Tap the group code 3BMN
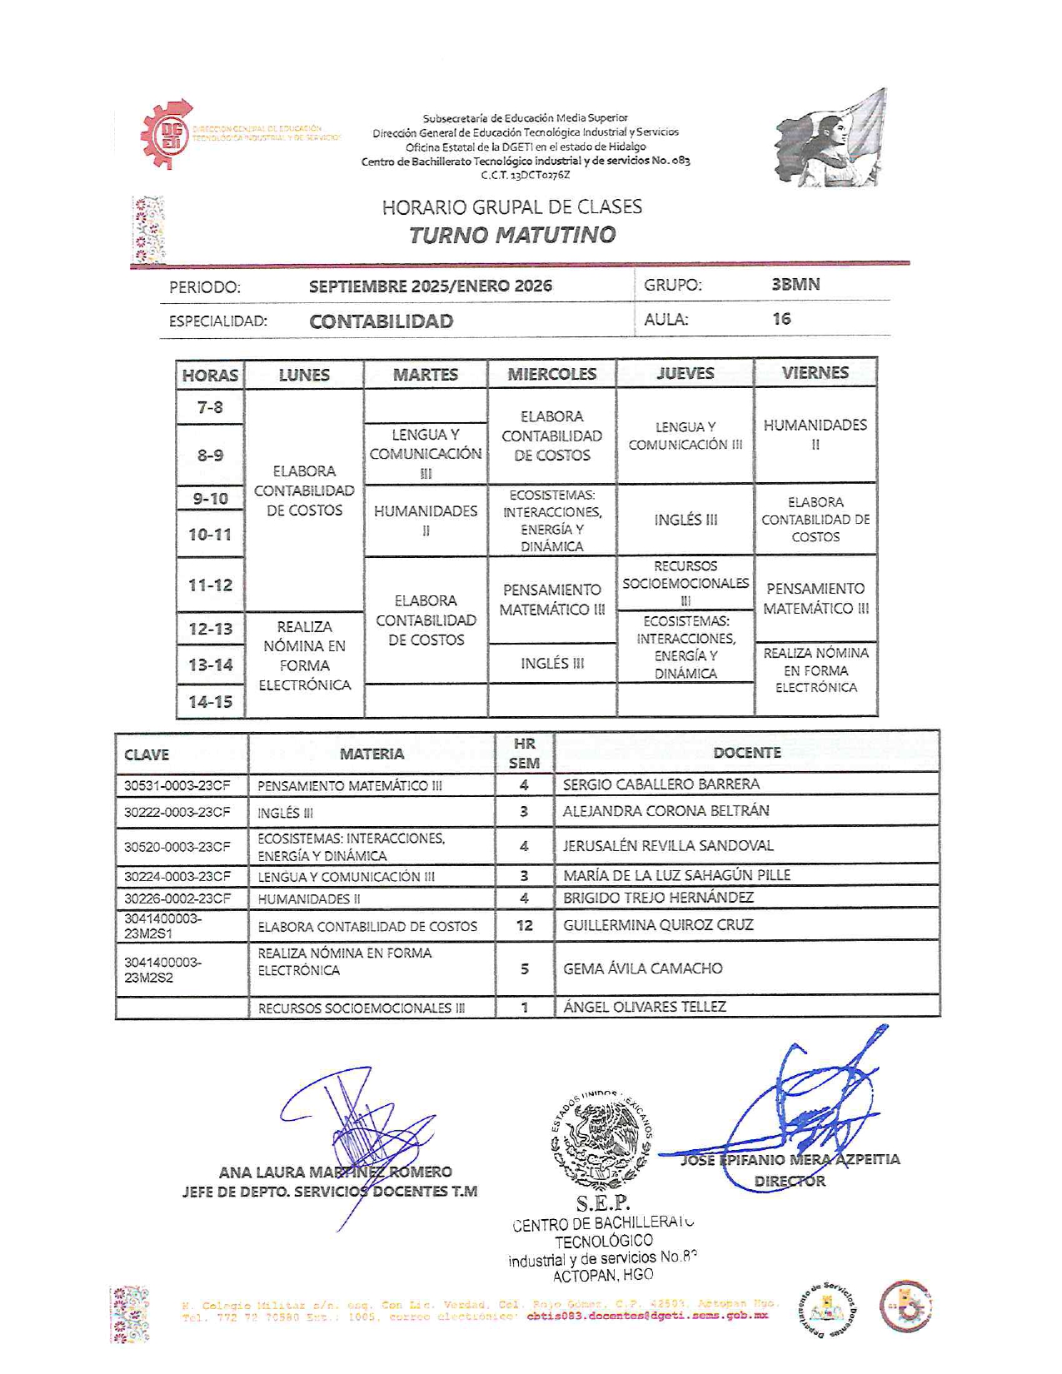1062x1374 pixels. point(795,285)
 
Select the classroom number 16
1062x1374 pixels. point(781,319)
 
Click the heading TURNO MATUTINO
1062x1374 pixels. point(511,235)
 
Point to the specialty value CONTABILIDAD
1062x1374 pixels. point(381,321)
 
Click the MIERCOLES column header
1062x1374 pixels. point(551,374)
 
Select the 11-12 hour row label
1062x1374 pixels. point(210,585)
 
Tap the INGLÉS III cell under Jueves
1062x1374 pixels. point(686,520)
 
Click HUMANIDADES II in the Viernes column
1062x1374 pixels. point(815,434)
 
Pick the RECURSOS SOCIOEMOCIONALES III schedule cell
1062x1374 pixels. point(686,583)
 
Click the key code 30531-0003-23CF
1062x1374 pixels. point(177,785)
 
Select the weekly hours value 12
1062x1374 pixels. point(524,925)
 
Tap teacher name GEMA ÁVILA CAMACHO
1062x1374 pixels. point(643,968)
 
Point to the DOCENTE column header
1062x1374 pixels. point(747,753)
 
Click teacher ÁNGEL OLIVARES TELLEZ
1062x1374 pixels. point(645,1007)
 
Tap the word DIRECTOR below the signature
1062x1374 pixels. point(790,1181)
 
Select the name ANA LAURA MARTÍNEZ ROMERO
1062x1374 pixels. point(335,1172)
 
